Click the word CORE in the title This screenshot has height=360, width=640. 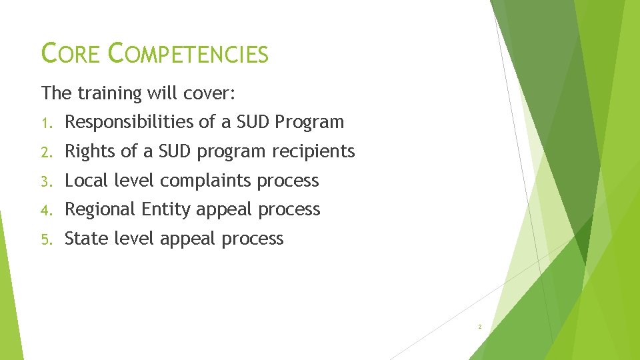pyautogui.click(x=70, y=53)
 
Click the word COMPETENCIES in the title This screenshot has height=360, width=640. pyautogui.click(x=189, y=53)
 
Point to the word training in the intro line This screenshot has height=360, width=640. pyautogui.click(x=109, y=93)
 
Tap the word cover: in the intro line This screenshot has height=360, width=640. pyautogui.click(x=209, y=93)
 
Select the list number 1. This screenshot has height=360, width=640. pyautogui.click(x=45, y=123)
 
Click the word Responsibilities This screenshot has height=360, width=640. pyautogui.click(x=131, y=122)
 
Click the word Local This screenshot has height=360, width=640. pyautogui.click(x=87, y=181)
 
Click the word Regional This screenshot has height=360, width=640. pyautogui.click(x=100, y=210)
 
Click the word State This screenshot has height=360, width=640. pyautogui.click(x=85, y=239)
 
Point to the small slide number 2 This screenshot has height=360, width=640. pyautogui.click(x=479, y=327)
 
